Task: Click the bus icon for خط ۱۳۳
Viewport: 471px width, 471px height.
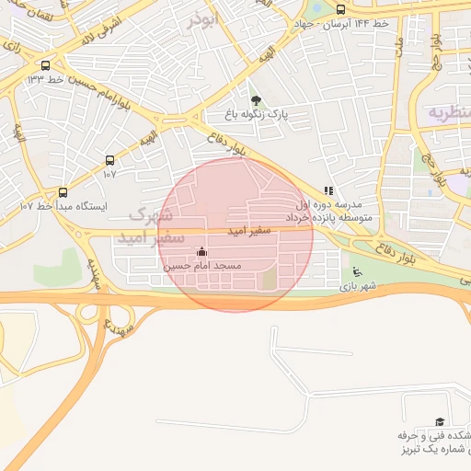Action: point(46,65)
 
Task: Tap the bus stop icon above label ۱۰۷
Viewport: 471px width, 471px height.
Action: point(110,160)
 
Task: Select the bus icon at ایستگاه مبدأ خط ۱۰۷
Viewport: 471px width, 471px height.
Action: point(63,192)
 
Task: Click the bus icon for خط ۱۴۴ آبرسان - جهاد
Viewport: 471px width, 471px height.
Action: point(341,9)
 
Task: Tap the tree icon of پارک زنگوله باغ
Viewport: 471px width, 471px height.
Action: point(256,100)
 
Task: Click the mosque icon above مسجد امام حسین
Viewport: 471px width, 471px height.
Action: point(202,251)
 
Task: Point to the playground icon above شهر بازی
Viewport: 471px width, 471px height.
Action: point(357,272)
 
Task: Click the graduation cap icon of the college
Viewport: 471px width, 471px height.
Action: point(438,421)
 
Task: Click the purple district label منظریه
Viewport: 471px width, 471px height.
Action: point(449,111)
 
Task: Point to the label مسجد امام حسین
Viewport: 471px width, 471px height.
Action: point(202,265)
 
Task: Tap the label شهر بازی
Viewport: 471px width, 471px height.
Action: point(358,287)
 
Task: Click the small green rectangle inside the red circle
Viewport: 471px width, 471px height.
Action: point(269,279)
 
